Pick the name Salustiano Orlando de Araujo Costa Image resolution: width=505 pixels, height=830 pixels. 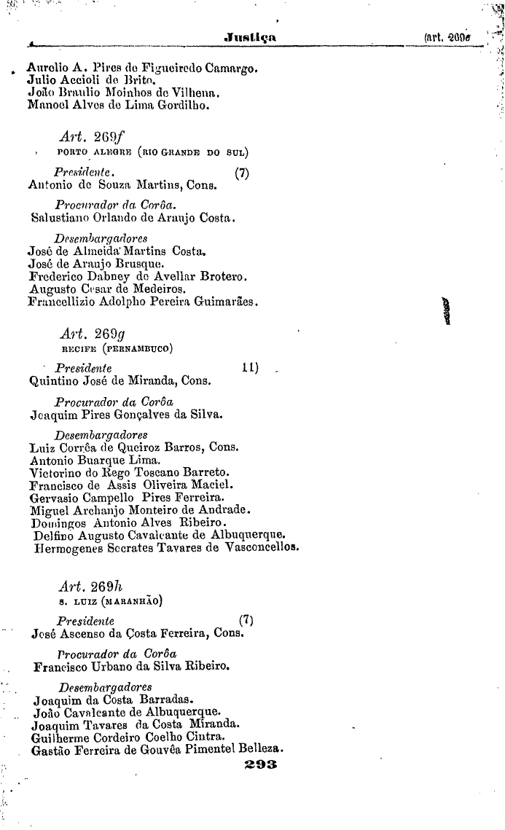pos(133,217)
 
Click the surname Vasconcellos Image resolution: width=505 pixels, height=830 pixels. pos(259,547)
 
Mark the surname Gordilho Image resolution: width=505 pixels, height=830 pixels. pos(182,106)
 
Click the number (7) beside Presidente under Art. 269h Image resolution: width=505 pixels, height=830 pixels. pos(246,621)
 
